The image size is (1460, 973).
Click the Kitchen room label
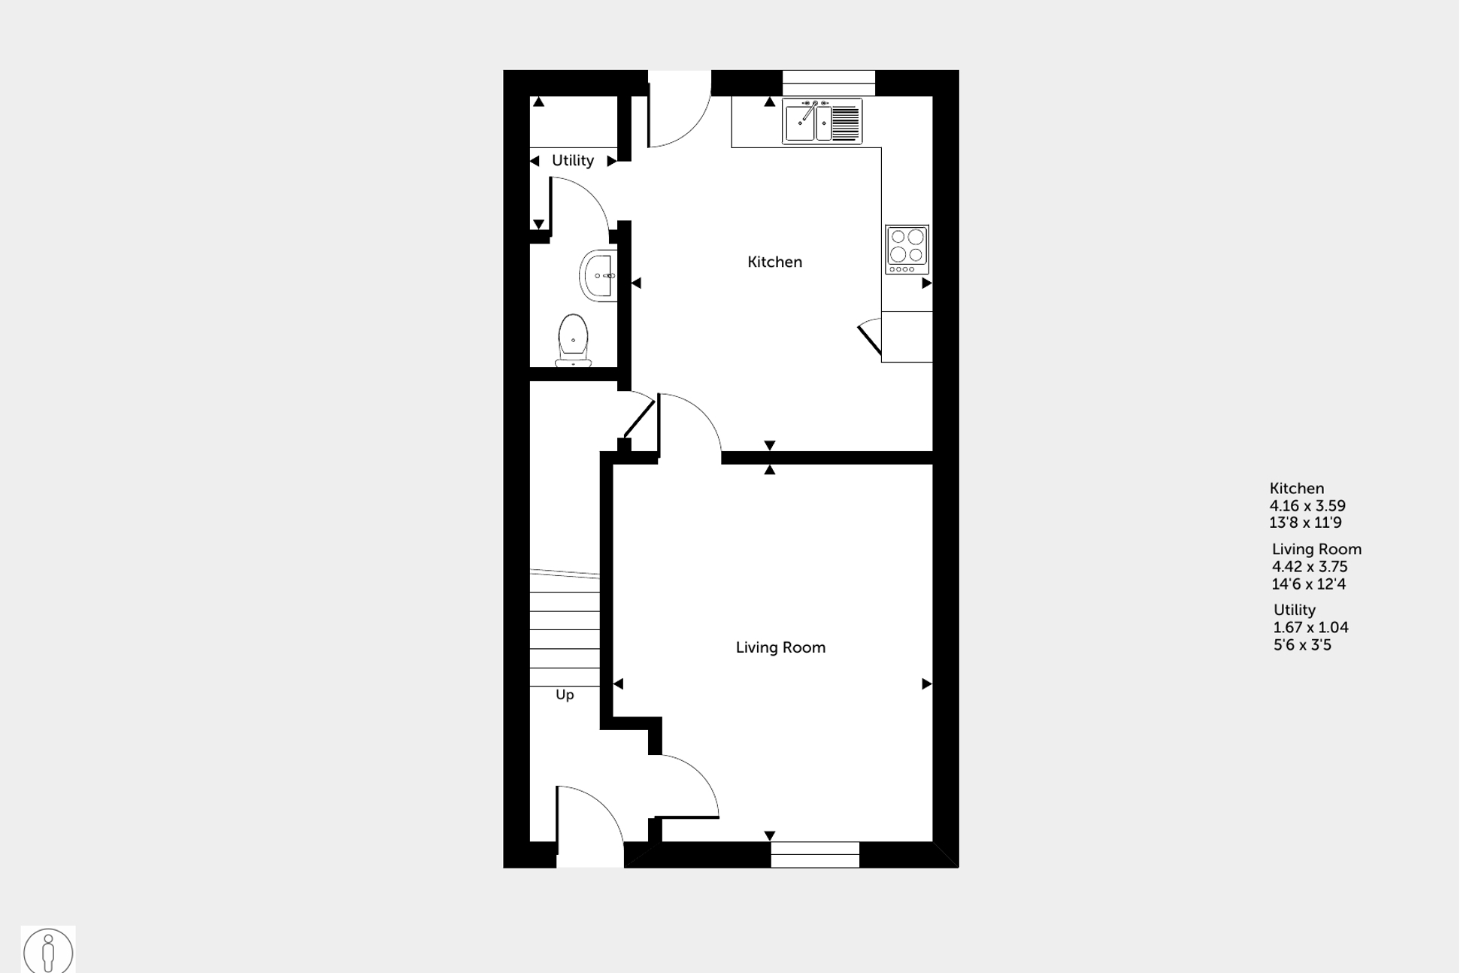tap(774, 262)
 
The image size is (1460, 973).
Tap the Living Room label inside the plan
tap(780, 647)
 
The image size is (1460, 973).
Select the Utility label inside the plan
tap(573, 160)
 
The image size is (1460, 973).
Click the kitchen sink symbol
tap(822, 121)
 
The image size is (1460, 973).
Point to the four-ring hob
tap(907, 249)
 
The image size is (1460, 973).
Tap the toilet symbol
tap(573, 340)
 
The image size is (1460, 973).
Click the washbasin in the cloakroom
tap(598, 275)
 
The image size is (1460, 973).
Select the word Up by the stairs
tap(565, 695)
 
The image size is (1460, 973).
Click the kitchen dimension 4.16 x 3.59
tap(1307, 506)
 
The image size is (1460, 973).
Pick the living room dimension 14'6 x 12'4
tap(1308, 584)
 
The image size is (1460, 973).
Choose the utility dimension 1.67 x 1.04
tap(1310, 627)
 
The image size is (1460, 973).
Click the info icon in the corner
tap(48, 950)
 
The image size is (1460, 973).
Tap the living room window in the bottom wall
tap(815, 855)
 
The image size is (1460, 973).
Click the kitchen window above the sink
tap(828, 83)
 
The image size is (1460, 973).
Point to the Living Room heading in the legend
tap(1316, 550)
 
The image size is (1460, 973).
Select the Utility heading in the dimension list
tap(1294, 610)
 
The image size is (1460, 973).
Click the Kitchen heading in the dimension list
tap(1296, 488)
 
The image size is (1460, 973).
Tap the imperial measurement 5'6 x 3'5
tap(1302, 645)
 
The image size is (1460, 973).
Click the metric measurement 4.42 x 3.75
tap(1310, 567)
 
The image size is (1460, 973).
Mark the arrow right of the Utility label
tap(611, 161)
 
